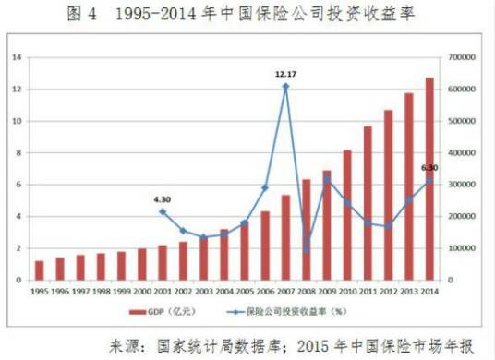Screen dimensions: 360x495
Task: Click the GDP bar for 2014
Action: coord(429,179)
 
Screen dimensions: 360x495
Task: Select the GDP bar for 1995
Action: coord(39,270)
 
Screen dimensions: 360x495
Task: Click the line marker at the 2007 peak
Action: coord(285,86)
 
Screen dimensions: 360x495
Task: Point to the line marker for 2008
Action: coord(306,248)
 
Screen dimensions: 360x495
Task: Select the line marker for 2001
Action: coord(163,211)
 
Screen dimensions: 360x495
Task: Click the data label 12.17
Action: coord(287,72)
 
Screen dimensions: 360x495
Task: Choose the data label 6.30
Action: coord(429,167)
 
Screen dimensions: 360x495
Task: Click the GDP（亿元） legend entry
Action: coord(158,311)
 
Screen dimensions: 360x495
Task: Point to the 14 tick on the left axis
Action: coord(17,57)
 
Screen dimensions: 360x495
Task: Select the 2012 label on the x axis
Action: coord(388,291)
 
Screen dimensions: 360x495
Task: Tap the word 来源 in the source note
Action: coord(129,345)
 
